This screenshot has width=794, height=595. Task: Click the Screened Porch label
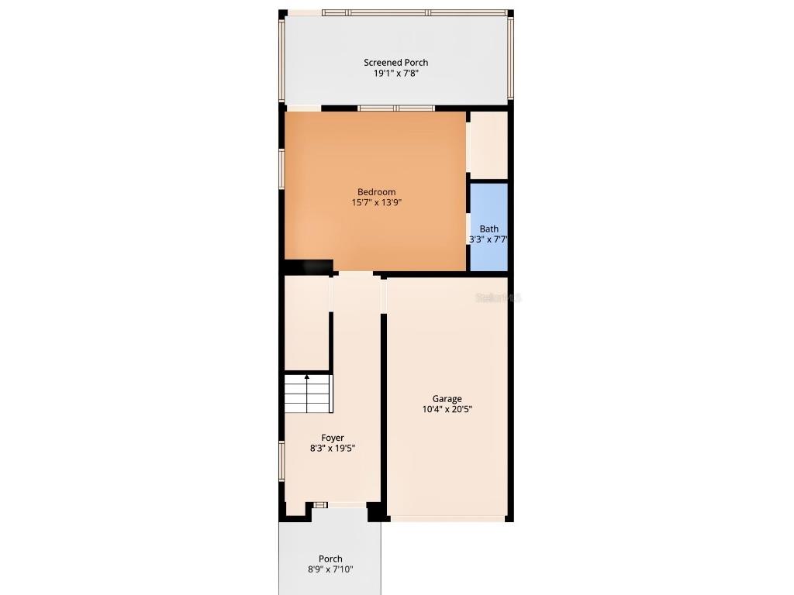395,63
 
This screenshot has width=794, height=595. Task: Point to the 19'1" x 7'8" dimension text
395,74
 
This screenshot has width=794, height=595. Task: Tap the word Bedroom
376,192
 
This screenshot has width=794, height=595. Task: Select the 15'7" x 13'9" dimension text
376,203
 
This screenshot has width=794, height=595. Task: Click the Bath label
488,229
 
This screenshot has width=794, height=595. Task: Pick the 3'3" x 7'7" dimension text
488,239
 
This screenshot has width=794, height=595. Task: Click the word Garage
447,399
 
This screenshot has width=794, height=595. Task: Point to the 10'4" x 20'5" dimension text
447,410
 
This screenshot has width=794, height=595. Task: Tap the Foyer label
333,438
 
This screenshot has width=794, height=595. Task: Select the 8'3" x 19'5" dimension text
333,449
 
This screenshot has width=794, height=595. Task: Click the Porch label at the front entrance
330,559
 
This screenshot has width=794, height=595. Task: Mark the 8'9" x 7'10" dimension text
330,569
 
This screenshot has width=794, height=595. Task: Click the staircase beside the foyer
308,394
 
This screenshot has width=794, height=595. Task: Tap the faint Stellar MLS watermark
499,297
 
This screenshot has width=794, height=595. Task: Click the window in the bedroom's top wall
395,108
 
